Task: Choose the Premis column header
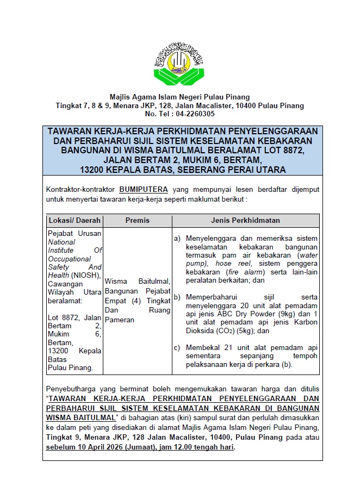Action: click(137, 221)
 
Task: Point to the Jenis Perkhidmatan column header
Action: click(245, 221)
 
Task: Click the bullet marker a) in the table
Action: click(177, 238)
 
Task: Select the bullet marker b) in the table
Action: click(177, 297)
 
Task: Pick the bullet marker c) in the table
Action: click(177, 347)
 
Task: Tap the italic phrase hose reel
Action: click(231, 263)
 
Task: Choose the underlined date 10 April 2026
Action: click(108, 447)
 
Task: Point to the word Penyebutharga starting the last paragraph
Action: click(72, 389)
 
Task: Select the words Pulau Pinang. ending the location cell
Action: click(70, 367)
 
